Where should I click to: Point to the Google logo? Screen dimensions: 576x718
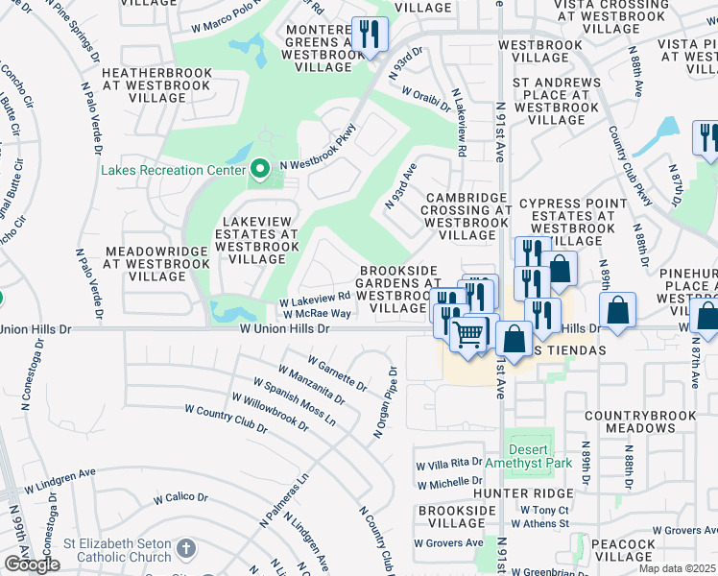click(32, 564)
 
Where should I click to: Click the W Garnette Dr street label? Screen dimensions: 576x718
click(337, 374)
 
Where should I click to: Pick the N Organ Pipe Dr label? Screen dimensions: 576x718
click(385, 402)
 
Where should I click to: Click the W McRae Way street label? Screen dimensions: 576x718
click(316, 313)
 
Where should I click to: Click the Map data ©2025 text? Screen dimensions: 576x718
click(677, 568)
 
